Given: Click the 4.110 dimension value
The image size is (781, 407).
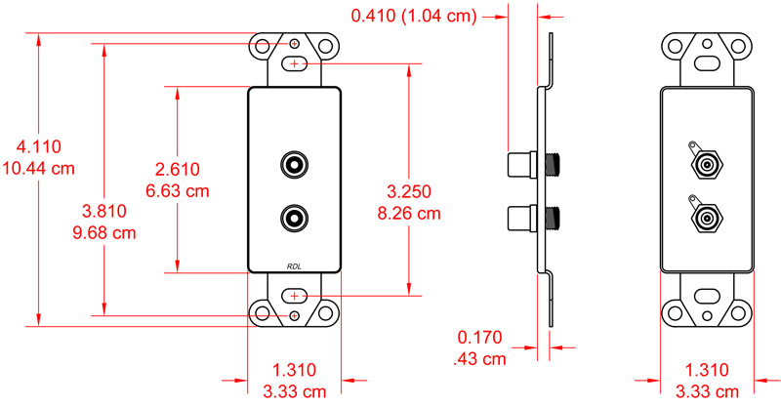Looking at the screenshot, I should tap(39, 147).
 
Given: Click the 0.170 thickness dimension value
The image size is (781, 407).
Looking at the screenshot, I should tap(480, 339).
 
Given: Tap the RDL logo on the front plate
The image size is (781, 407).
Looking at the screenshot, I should tap(295, 265).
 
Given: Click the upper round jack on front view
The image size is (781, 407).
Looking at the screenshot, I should tap(295, 163).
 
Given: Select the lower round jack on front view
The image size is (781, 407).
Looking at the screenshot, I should tap(295, 216).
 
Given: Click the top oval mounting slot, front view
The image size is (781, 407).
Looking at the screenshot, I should tap(295, 63).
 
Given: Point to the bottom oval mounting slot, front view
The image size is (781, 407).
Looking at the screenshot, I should tap(295, 295).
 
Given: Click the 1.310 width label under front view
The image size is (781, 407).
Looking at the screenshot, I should tap(295, 370).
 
